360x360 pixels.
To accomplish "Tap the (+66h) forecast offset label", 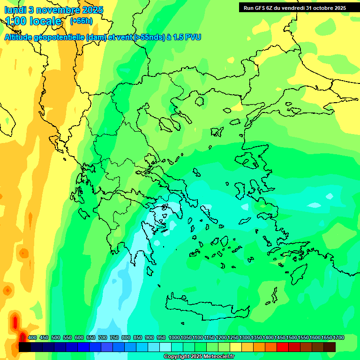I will coord(81,21).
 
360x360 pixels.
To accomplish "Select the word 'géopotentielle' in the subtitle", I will coord(59,37).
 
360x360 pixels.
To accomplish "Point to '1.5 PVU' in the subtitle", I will coord(187,37).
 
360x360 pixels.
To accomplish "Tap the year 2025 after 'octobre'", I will coord(337,7).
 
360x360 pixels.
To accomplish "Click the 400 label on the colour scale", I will coord(32,337).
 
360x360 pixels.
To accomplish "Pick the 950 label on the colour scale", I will coord(161,337).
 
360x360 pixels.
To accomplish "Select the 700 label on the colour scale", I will coord(103,337).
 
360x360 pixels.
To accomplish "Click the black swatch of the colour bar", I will coord(25,347).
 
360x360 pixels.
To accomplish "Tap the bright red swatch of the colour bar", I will coord(283,347).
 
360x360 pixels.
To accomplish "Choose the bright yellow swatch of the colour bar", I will coord(236,347).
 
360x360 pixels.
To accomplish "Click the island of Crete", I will coord(206,309).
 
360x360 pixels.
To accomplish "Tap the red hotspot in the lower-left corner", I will coord(15,322).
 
